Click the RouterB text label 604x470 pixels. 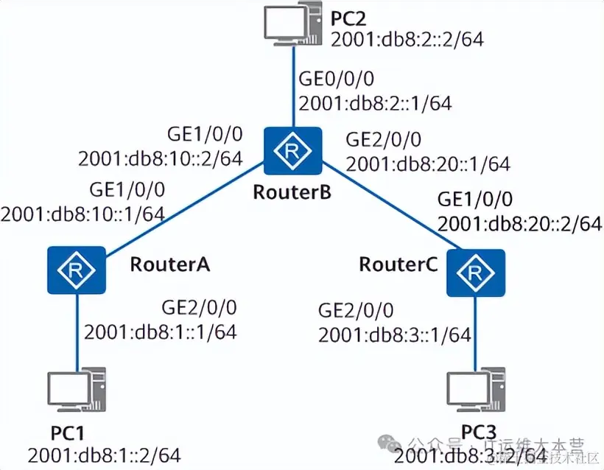pos(292,193)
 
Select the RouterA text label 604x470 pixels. pos(170,264)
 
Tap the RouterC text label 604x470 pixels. pos(398,264)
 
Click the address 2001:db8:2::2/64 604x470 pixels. pos(407,40)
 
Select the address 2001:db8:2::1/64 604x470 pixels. pos(375,102)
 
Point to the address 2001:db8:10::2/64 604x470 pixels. pos(160,158)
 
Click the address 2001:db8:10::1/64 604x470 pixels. pos(82,214)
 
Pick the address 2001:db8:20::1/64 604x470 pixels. pos(427,163)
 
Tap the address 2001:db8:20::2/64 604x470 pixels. pos(519,223)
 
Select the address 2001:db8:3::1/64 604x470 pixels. pos(394,335)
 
